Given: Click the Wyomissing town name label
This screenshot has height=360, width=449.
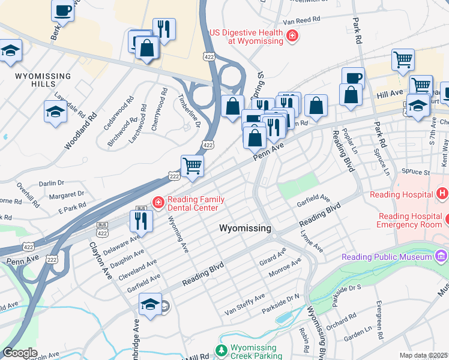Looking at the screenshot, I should [245, 229].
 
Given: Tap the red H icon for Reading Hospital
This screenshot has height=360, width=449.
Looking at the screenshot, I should [442, 194].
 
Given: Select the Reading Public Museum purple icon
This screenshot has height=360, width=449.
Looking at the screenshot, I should [442, 257].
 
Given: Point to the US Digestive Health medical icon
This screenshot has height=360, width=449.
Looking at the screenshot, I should [292, 37].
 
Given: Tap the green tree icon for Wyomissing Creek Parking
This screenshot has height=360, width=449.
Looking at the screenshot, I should [221, 350].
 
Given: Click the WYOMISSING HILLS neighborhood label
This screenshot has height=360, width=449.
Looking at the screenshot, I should [43, 80].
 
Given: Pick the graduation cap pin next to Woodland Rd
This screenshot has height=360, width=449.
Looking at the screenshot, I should [55, 112].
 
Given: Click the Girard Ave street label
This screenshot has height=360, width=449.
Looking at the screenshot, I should [273, 257].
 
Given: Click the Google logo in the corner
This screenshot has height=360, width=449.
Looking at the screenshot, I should [20, 353].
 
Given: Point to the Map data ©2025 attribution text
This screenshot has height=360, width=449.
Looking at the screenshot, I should [423, 355].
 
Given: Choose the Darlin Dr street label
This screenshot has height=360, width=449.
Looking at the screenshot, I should [51, 183].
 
